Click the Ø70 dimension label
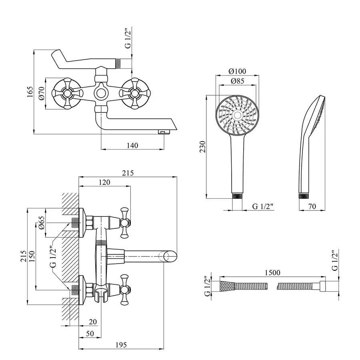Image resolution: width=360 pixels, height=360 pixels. coord(41,94)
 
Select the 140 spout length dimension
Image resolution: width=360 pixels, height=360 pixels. coord(132,145)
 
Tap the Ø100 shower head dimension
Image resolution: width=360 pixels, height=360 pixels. coord(237,72)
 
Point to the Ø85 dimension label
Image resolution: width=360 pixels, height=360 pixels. coord(237,81)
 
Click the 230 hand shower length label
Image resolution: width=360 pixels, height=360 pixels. coord(203,146)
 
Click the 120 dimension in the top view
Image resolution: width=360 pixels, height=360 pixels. coord(104,182)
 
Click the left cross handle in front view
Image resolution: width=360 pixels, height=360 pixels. coord(66,94)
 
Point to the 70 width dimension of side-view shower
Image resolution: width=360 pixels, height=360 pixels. coord(313,207)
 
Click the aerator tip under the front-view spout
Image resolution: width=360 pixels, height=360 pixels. coord(162,132)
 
